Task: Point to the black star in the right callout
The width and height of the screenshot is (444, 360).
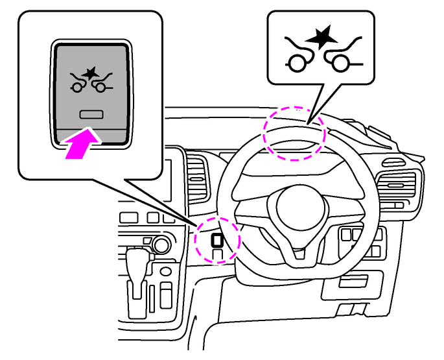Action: coord(318,40)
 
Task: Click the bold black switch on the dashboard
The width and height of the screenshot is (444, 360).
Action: coord(217,241)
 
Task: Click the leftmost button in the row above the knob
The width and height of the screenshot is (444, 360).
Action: coord(127,219)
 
